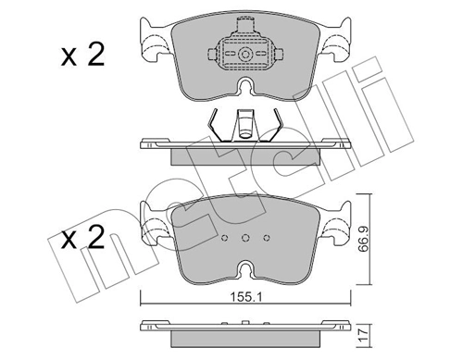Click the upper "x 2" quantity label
(82, 56)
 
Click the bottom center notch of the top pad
(245, 88)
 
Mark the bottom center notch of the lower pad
(245, 270)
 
